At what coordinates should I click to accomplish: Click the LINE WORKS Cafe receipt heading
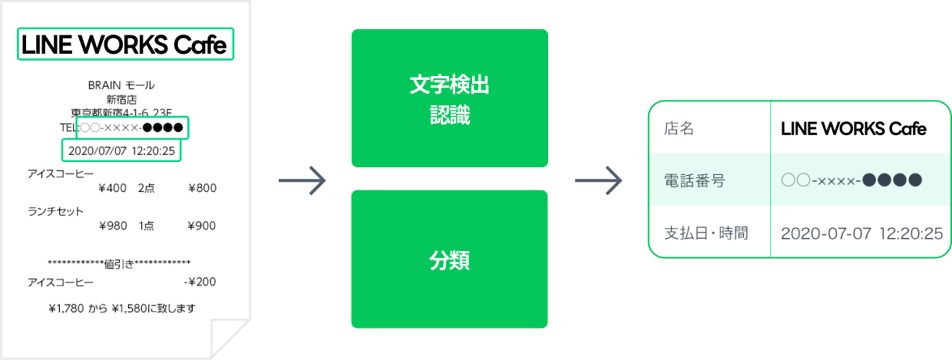pyautogui.click(x=125, y=45)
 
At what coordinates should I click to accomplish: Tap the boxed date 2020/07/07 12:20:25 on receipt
pyautogui.click(x=122, y=150)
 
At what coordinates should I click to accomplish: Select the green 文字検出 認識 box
pyautogui.click(x=449, y=98)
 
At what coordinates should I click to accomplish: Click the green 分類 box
pyautogui.click(x=449, y=259)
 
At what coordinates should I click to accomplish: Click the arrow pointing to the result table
pyautogui.click(x=598, y=181)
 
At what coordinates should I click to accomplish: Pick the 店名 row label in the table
pyautogui.click(x=679, y=129)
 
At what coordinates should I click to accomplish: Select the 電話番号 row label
pyautogui.click(x=694, y=180)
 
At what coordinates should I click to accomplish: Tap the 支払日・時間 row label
pyautogui.click(x=706, y=233)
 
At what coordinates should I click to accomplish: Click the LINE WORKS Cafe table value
pyautogui.click(x=853, y=129)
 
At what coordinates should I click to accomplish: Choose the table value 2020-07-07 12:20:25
pyautogui.click(x=861, y=233)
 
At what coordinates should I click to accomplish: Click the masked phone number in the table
pyautogui.click(x=851, y=180)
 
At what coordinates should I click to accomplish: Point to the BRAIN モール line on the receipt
pyautogui.click(x=122, y=85)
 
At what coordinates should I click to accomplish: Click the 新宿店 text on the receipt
pyautogui.click(x=121, y=99)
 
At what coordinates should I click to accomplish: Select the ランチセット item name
pyautogui.click(x=55, y=211)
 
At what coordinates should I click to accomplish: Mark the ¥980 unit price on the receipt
pyautogui.click(x=113, y=226)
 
